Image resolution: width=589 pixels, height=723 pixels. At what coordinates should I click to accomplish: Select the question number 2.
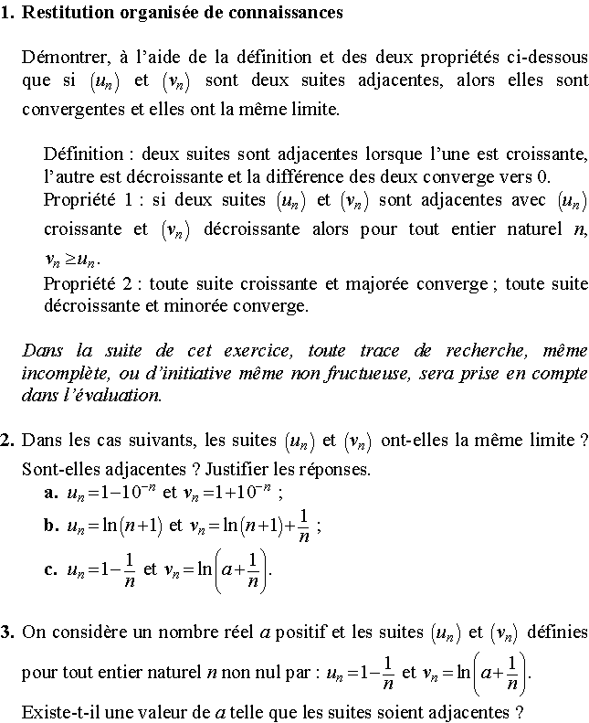(x=7, y=441)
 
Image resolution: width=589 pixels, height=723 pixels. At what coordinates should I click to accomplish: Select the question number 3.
(x=7, y=632)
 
